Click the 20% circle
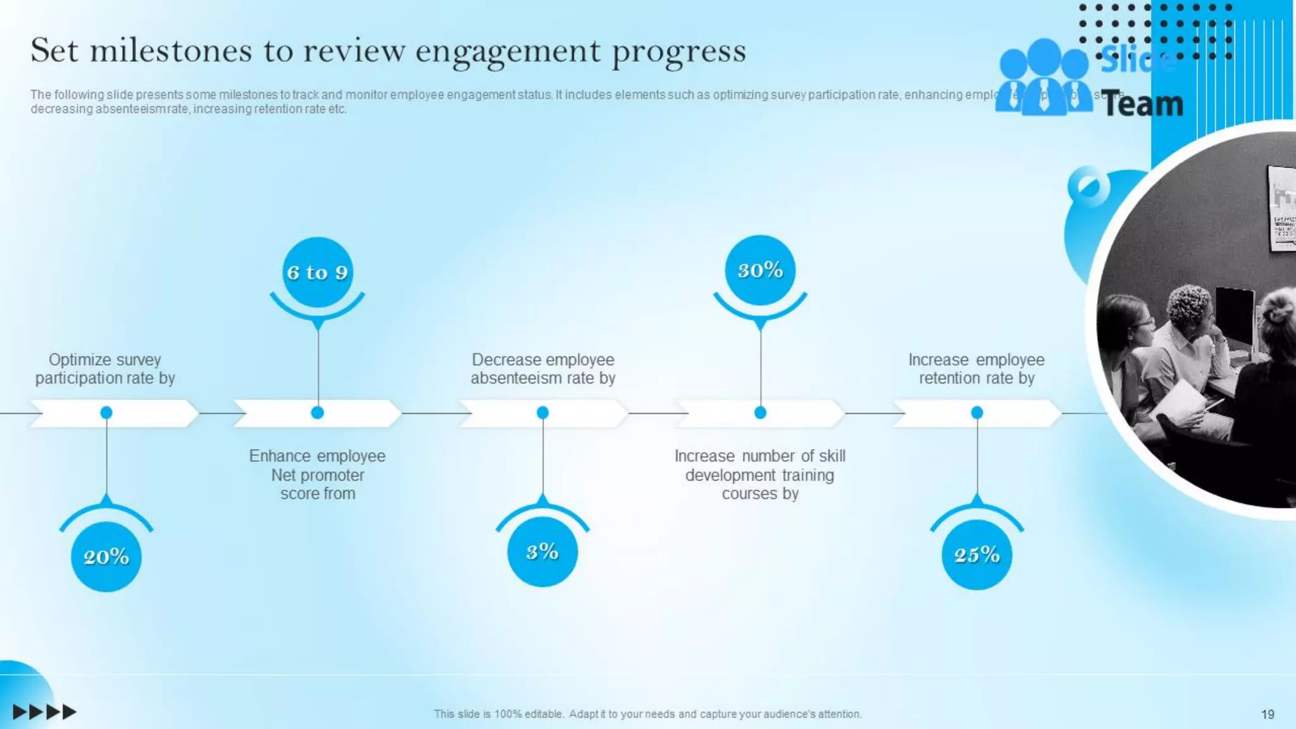[x=106, y=556]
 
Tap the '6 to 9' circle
[x=317, y=272]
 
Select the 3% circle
[x=542, y=552]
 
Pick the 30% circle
[x=760, y=270]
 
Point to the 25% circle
[x=977, y=555]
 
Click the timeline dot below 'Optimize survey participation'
[x=106, y=413]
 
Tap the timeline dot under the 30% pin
[x=760, y=413]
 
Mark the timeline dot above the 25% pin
[x=977, y=413]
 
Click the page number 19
[x=1268, y=714]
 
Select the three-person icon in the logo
[x=1044, y=79]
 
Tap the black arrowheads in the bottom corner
[x=44, y=712]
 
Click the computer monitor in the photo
[x=1234, y=316]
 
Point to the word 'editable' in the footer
[x=544, y=714]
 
